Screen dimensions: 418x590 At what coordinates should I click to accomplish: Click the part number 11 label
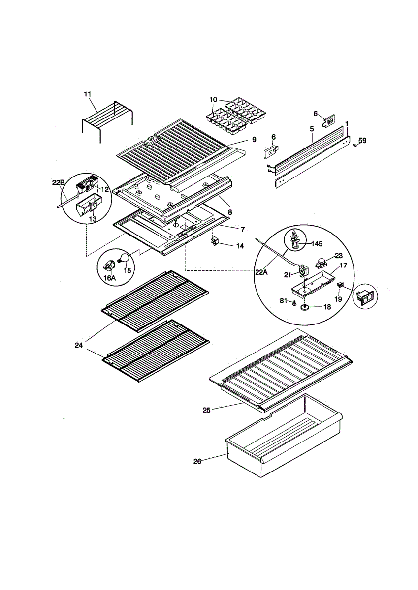click(87, 94)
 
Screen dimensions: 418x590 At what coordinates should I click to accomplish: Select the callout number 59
click(363, 141)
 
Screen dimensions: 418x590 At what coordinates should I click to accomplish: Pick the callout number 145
click(317, 244)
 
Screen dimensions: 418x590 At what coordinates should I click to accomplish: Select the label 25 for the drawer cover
click(206, 410)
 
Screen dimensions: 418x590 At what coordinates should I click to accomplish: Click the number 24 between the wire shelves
click(79, 345)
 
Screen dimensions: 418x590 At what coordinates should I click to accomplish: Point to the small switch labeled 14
click(214, 241)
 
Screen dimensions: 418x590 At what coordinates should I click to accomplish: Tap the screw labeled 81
click(293, 304)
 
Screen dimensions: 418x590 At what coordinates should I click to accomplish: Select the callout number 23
click(339, 255)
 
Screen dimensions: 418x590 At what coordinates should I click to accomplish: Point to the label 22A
click(261, 272)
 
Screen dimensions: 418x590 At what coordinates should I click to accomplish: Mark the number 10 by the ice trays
click(213, 99)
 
